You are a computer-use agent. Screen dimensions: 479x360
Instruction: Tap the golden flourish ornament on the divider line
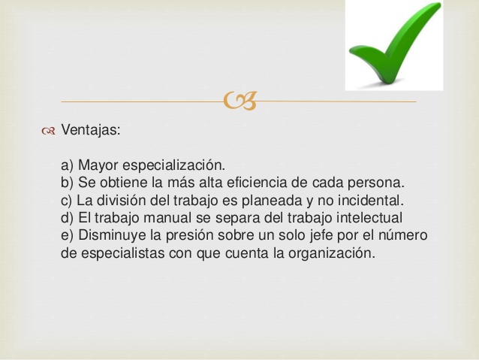click(x=239, y=101)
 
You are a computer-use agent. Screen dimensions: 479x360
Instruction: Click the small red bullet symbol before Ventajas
click(x=48, y=132)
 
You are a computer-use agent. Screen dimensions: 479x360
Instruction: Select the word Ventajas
click(x=91, y=130)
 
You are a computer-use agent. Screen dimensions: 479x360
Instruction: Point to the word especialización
click(x=174, y=165)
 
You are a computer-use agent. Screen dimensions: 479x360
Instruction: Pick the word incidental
click(x=371, y=201)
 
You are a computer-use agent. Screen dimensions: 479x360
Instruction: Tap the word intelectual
click(x=369, y=218)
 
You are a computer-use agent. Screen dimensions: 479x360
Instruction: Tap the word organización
click(x=331, y=253)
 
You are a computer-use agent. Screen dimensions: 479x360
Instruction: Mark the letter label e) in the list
click(x=68, y=236)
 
